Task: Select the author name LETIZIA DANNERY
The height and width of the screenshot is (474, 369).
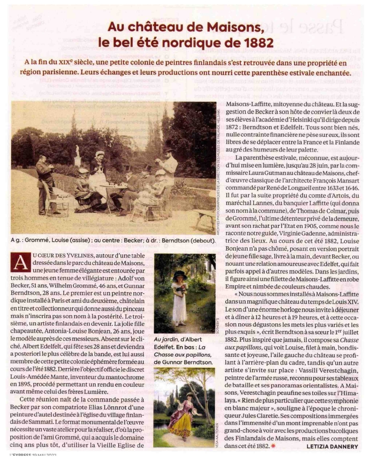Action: (x=332, y=446)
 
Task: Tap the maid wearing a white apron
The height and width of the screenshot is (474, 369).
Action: (x=97, y=175)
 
